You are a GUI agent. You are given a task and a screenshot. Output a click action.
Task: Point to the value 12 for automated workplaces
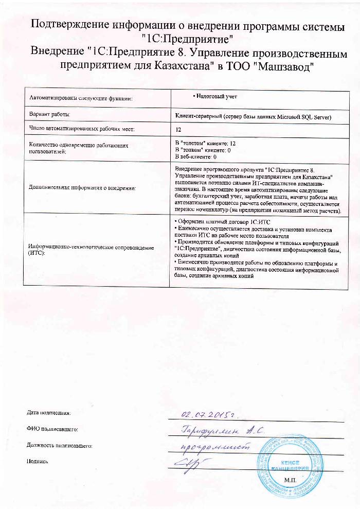[178, 130]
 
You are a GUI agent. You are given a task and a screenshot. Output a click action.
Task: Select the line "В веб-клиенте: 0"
[196, 155]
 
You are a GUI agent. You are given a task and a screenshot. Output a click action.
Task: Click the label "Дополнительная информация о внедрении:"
[83, 188]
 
